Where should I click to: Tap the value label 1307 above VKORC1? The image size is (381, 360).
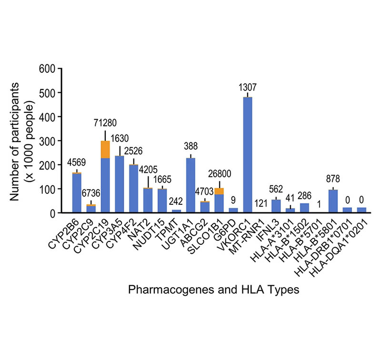pos(248,88)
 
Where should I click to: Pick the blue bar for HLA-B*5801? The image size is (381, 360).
pos(333,201)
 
